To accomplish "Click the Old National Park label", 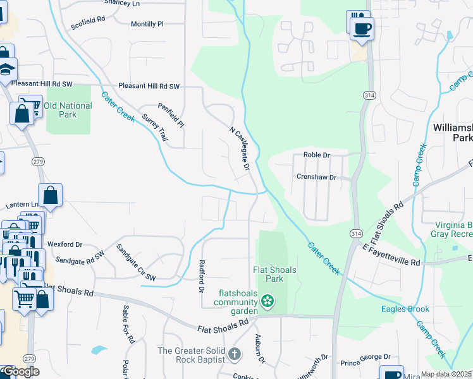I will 68,110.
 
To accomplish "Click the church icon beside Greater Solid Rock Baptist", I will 235,353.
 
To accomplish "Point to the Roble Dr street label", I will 317,155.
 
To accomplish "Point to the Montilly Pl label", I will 147,24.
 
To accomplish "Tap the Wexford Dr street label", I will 65,244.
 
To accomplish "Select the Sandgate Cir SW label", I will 135,262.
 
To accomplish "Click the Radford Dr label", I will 202,276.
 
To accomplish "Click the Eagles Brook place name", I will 405,310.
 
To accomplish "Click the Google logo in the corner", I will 20,371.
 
